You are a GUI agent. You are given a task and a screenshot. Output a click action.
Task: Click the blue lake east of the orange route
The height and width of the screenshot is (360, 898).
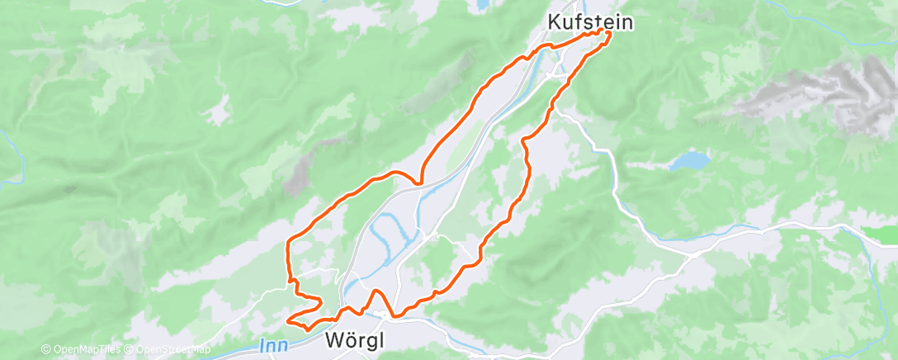689,160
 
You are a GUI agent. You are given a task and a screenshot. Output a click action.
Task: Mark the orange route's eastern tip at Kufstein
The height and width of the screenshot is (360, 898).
610,32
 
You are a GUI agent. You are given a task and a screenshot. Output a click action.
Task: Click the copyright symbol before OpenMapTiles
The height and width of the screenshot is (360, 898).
46,349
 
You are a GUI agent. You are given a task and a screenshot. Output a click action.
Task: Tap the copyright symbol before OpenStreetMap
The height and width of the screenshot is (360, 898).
128,349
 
